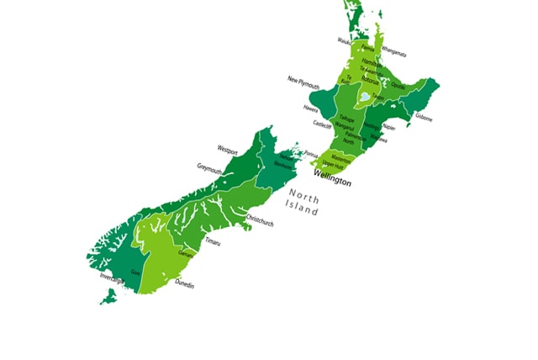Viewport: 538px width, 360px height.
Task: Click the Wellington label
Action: click(x=332, y=182)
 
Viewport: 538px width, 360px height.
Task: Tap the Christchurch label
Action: click(x=259, y=222)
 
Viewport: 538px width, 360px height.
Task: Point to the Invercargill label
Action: click(x=113, y=276)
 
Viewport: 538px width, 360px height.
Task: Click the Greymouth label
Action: click(x=209, y=167)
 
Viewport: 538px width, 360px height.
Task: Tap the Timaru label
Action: click(x=213, y=242)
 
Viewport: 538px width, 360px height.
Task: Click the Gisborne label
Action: click(x=423, y=118)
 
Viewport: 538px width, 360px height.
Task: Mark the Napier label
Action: click(x=388, y=127)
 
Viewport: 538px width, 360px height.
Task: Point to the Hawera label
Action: click(x=310, y=108)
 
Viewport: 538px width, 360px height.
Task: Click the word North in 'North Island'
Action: click(x=303, y=199)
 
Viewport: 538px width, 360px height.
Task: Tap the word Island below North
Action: click(x=302, y=211)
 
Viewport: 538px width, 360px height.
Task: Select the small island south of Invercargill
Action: click(x=108, y=296)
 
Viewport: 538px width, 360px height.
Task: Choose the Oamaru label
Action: click(x=186, y=253)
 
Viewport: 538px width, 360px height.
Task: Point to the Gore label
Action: click(x=135, y=273)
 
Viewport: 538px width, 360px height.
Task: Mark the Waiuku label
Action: click(x=345, y=40)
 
